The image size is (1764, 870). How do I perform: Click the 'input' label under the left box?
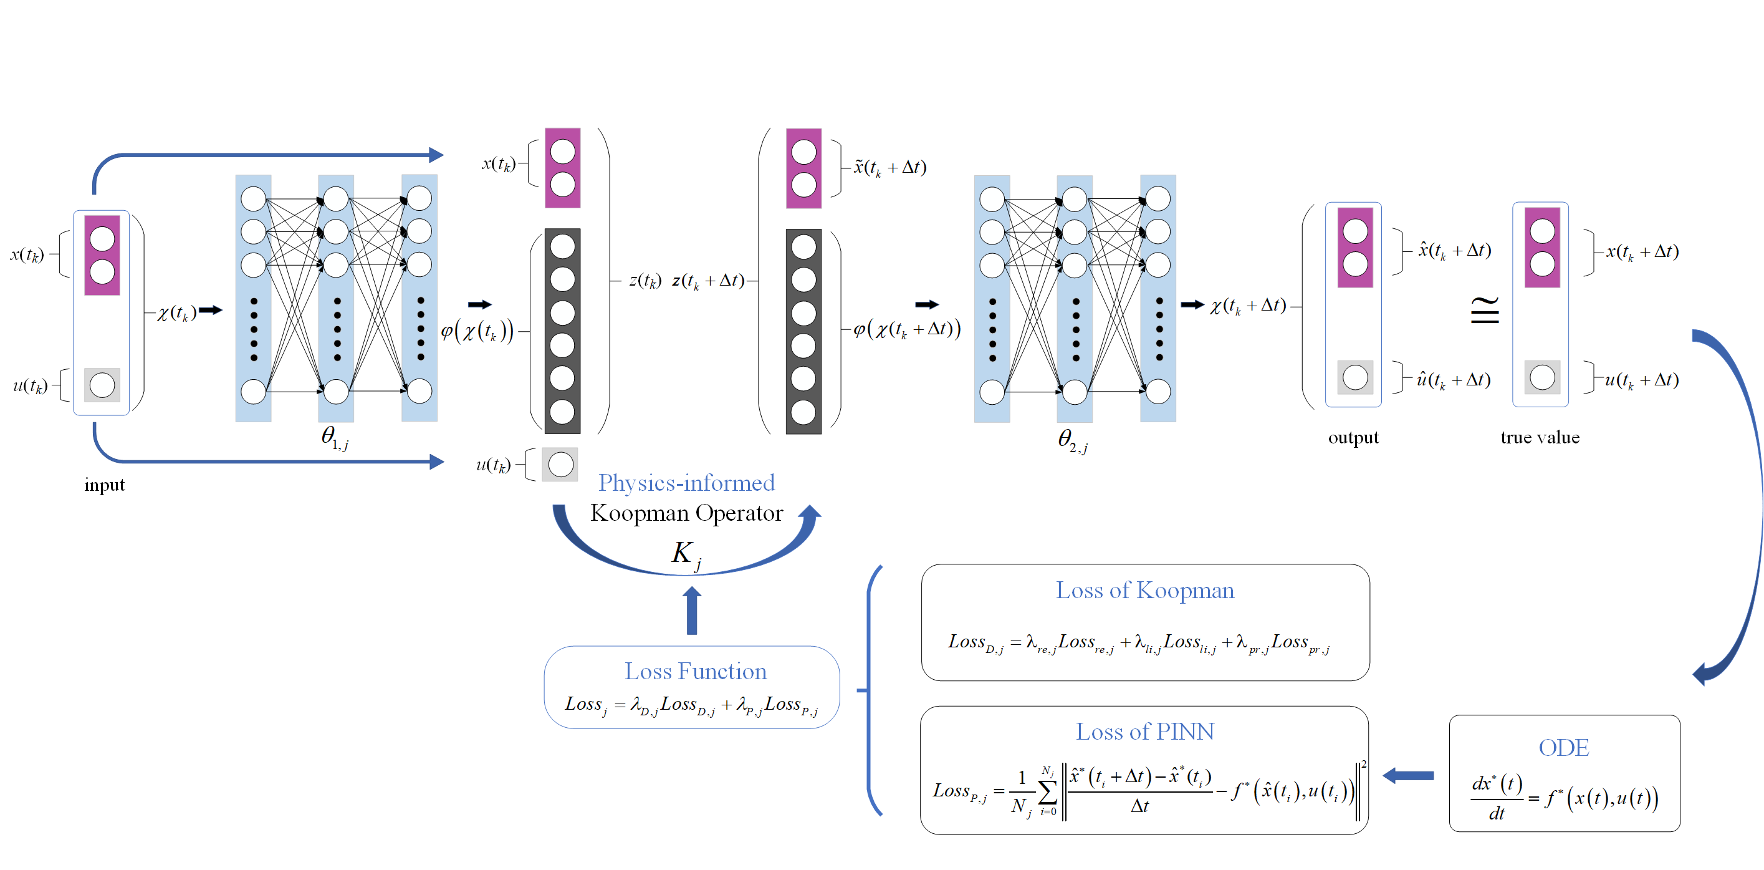pyautogui.click(x=104, y=485)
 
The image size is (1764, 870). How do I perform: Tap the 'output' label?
pyautogui.click(x=1353, y=438)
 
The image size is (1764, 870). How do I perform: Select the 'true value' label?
pyautogui.click(x=1540, y=438)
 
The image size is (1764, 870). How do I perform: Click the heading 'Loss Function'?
pyautogui.click(x=695, y=671)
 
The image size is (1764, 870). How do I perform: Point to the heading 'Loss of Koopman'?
pyautogui.click(x=1144, y=591)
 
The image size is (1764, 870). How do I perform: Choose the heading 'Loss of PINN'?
pyautogui.click(x=1144, y=732)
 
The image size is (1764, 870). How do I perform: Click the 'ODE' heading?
pyautogui.click(x=1563, y=747)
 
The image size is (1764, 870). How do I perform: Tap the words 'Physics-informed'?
pyautogui.click(x=686, y=483)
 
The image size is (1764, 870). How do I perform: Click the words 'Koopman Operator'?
pyautogui.click(x=686, y=513)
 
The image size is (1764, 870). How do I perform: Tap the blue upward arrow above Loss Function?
pyautogui.click(x=692, y=611)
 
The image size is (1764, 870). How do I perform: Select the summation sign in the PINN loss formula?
pyautogui.click(x=1047, y=792)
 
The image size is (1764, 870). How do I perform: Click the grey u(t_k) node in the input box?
pyautogui.click(x=102, y=385)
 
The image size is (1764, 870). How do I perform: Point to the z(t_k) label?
pyautogui.click(x=645, y=280)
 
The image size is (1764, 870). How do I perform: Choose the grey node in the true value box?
pyautogui.click(x=1542, y=377)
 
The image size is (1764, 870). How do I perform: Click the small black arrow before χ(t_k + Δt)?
pyautogui.click(x=1192, y=304)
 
